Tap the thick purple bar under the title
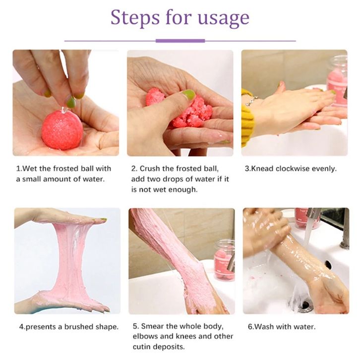coord(180,41)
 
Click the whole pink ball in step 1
coord(62,130)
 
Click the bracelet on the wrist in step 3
coord(251,101)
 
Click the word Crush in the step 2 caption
coord(149,169)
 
